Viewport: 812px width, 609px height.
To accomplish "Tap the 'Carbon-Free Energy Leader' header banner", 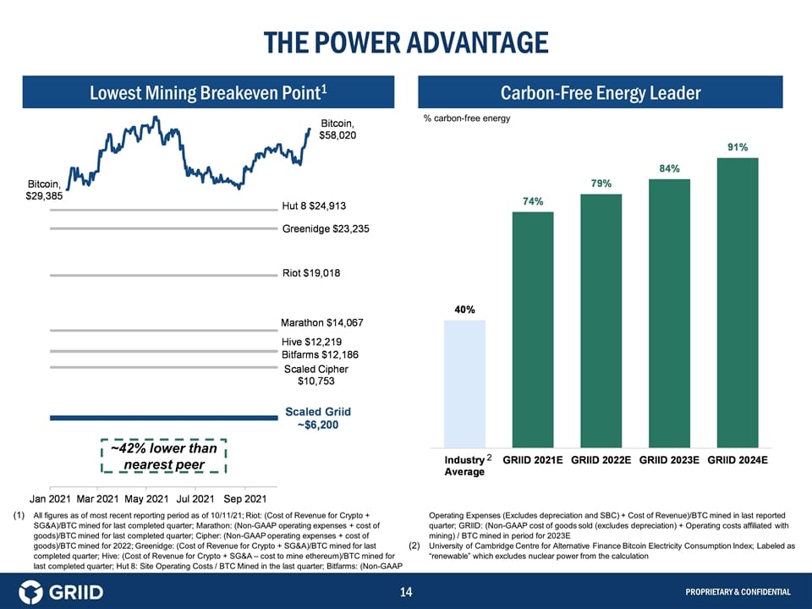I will coord(601,92).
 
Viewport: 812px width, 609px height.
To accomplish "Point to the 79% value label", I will coord(601,184).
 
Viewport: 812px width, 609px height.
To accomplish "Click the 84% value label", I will coord(670,168).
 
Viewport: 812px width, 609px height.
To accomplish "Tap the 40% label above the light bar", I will coord(464,310).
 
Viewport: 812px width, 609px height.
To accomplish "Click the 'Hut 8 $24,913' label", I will coord(314,206).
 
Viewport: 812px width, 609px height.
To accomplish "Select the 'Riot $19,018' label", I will coord(310,273).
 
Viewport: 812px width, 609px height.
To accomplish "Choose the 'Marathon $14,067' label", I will coord(321,322).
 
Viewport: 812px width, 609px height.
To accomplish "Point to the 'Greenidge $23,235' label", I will coord(326,228).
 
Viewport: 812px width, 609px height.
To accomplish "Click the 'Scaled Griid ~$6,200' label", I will coord(318,418).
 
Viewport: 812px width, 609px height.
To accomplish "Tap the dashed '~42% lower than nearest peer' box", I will coord(164,456).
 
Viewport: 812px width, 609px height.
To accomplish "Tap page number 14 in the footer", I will coord(405,591).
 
